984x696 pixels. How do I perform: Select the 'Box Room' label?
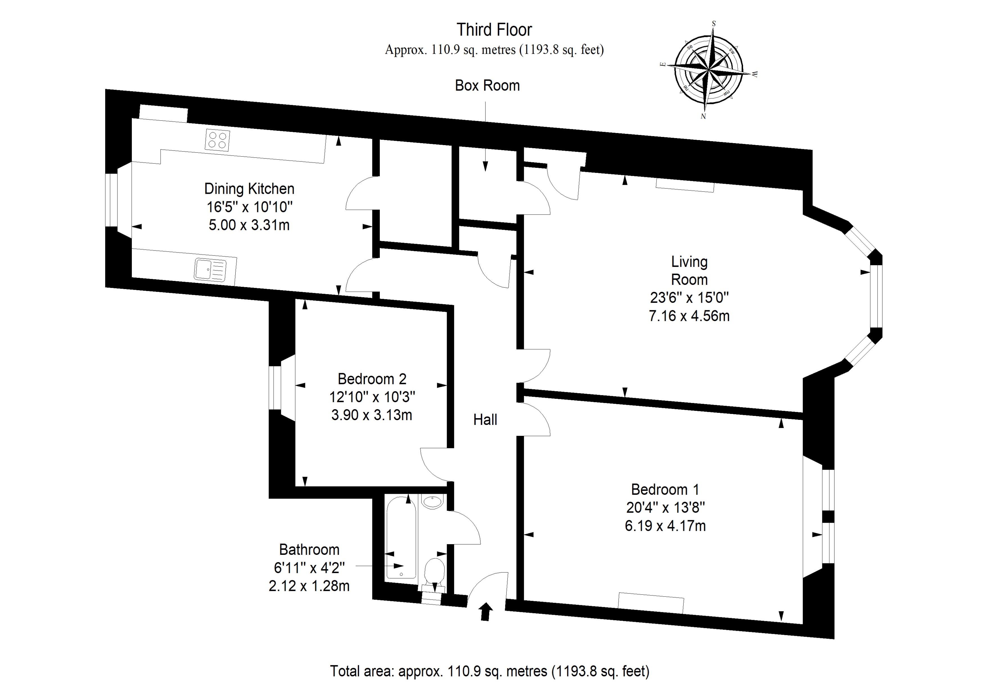pyautogui.click(x=487, y=86)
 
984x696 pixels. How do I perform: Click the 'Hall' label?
pyautogui.click(x=485, y=420)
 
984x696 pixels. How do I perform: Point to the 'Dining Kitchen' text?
pyautogui.click(x=249, y=189)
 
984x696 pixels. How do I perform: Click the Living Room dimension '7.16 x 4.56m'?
pyautogui.click(x=689, y=316)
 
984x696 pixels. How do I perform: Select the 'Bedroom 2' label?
pyautogui.click(x=372, y=379)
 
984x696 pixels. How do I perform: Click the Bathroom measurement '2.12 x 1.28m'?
pyautogui.click(x=309, y=586)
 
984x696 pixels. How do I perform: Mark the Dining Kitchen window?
pyautogui.click(x=111, y=199)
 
